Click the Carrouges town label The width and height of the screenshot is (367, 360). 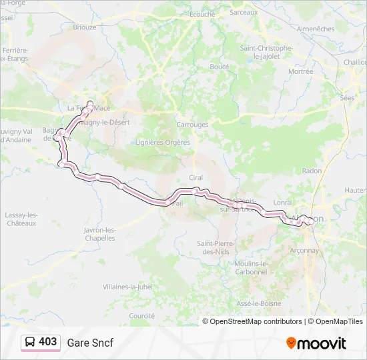[x=192, y=125]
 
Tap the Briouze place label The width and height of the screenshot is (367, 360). [x=85, y=27]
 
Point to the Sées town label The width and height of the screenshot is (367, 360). [x=347, y=97]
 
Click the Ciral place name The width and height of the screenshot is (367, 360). [x=196, y=178]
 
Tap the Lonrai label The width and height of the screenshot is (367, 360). [x=283, y=202]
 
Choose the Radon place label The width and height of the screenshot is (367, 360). [x=312, y=171]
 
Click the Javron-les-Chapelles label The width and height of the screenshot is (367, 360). [x=100, y=234]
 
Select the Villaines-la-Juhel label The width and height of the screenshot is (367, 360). [x=127, y=286]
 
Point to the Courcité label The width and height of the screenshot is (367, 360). [x=142, y=315]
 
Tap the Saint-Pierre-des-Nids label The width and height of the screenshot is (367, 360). [x=214, y=248]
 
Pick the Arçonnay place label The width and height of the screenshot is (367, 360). [x=304, y=251]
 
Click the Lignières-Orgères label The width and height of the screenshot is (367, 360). [x=163, y=142]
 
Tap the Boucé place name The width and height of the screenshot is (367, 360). [x=220, y=67]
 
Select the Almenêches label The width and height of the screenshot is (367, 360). [x=316, y=29]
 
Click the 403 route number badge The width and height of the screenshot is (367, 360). [x=47, y=342]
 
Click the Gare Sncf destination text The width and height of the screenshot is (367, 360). [x=90, y=343]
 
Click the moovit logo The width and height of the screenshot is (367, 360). [x=316, y=343]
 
